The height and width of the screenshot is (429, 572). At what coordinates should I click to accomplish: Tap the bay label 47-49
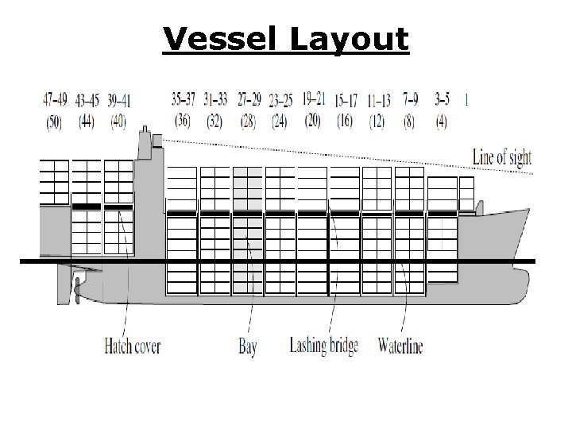pyautogui.click(x=54, y=100)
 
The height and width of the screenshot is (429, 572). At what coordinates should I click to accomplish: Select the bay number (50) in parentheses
pyautogui.click(x=54, y=122)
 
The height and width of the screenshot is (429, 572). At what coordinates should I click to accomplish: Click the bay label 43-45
pyautogui.click(x=87, y=100)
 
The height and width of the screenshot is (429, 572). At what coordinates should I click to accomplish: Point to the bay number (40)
pyautogui.click(x=118, y=122)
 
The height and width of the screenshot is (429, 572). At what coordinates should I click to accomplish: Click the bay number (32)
pyautogui.click(x=214, y=122)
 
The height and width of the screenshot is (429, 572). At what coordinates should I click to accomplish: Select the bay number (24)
pyautogui.click(x=280, y=122)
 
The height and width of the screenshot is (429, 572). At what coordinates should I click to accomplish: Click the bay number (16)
pyautogui.click(x=345, y=122)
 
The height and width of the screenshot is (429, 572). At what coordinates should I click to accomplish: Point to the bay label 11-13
pyautogui.click(x=379, y=100)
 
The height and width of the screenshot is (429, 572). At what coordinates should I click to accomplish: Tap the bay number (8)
pyautogui.click(x=410, y=122)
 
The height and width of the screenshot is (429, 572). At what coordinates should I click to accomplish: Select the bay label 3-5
pyautogui.click(x=443, y=100)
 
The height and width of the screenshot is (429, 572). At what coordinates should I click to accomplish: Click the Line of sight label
pyautogui.click(x=501, y=157)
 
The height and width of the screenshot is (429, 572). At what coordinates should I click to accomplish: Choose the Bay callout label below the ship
pyautogui.click(x=247, y=347)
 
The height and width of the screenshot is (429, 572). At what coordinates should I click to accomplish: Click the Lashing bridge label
pyautogui.click(x=323, y=346)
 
